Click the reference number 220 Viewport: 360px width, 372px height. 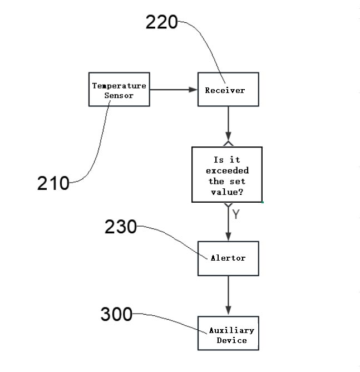click(161, 22)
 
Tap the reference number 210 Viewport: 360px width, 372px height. click(53, 183)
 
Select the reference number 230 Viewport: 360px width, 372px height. click(121, 227)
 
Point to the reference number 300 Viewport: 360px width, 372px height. click(116, 314)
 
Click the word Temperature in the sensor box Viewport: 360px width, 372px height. click(119, 86)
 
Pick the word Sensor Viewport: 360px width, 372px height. click(119, 95)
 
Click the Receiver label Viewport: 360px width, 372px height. click(225, 90)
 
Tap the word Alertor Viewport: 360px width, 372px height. click(228, 258)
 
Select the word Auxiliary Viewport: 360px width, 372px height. click(231, 330)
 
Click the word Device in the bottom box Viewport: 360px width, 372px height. click(231, 340)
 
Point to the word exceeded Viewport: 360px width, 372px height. click(227, 170)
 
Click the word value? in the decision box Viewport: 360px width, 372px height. click(227, 192)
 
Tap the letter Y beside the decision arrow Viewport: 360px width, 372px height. click(236, 214)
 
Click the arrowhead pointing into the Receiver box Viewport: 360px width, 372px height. click(193, 90)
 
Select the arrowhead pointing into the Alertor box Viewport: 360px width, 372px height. click(228, 237)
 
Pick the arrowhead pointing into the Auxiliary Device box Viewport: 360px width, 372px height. click(228, 311)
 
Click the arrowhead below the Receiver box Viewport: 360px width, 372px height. click(228, 137)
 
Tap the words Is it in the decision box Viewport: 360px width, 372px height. click(227, 160)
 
